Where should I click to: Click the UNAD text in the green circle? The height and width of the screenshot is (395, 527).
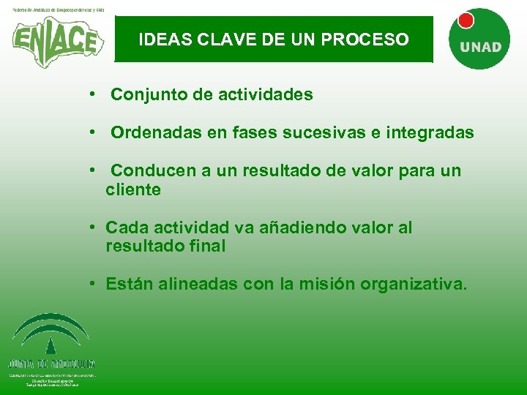[x=480, y=47]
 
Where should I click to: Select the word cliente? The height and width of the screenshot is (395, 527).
[x=133, y=190]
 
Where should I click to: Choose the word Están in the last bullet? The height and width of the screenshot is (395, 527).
[x=127, y=284]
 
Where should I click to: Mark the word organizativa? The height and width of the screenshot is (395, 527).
[x=411, y=284]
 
